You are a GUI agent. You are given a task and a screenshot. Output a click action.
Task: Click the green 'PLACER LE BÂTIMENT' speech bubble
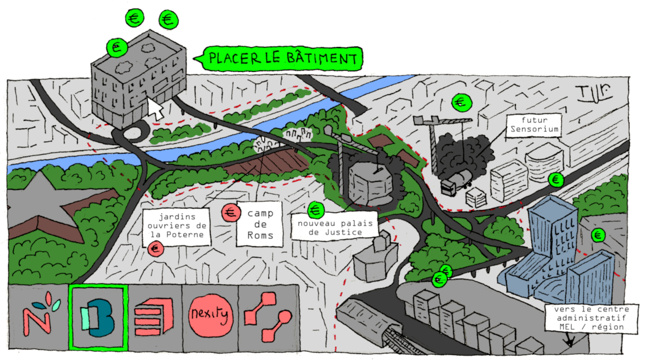click(282, 58)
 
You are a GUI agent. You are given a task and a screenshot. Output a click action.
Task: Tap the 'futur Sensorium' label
click(534, 125)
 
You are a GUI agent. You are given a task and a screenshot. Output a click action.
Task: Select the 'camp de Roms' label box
click(260, 224)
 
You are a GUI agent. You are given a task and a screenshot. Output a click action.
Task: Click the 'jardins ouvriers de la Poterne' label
click(177, 226)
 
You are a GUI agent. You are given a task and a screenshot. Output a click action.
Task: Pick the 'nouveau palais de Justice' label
click(335, 227)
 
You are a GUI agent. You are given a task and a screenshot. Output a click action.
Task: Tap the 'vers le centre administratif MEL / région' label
click(591, 318)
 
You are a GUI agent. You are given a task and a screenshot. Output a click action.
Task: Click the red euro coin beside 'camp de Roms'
click(231, 213)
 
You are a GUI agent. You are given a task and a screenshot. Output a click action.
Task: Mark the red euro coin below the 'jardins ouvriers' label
click(155, 249)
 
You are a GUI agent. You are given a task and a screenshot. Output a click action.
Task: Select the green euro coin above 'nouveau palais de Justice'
click(316, 210)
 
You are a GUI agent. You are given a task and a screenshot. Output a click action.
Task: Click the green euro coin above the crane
click(461, 102)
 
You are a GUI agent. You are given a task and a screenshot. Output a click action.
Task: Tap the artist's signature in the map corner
click(595, 93)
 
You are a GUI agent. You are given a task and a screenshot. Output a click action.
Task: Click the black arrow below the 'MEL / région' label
click(569, 339)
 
